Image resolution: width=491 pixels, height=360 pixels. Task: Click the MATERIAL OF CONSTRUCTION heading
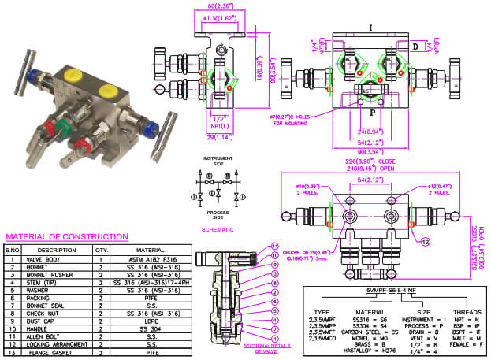[x=67, y=236]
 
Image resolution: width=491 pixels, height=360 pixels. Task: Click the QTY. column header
[x=101, y=250]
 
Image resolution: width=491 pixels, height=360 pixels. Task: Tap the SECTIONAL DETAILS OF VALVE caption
[x=262, y=348]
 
